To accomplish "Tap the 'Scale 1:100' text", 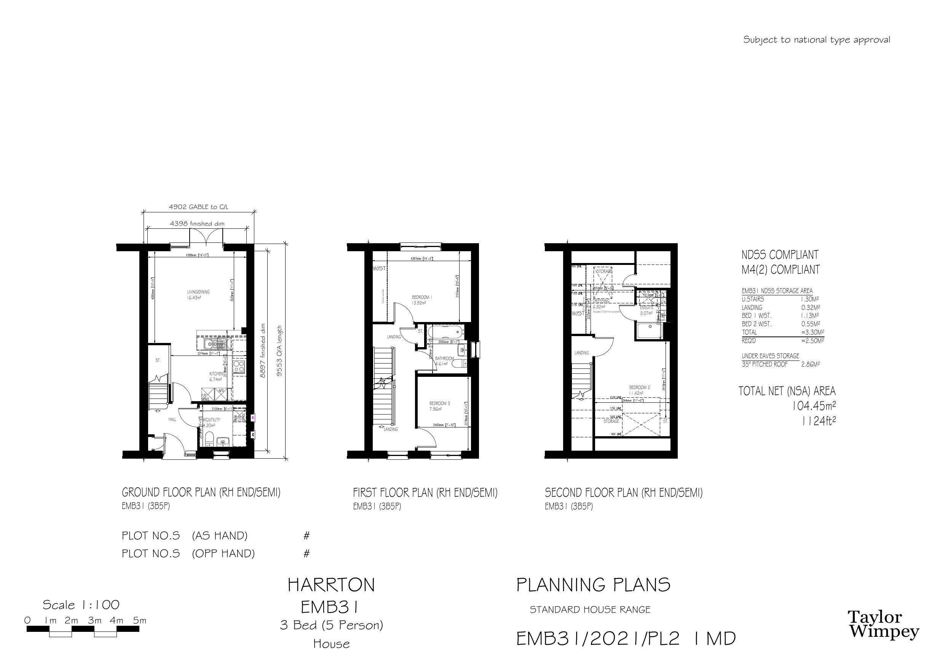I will tap(81, 605).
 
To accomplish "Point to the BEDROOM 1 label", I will tap(422, 297).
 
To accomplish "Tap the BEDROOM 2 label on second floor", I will tap(639, 387).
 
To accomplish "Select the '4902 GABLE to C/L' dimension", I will tap(198, 207).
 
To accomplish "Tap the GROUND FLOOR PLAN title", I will tap(201, 492).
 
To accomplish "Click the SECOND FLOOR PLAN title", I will tap(624, 493).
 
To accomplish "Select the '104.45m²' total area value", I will tap(814, 406).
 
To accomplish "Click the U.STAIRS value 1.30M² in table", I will tap(809, 300).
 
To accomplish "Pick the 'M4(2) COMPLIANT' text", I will tap(781, 269).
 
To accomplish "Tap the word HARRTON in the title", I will tap(331, 585).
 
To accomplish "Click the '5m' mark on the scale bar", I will tap(139, 621).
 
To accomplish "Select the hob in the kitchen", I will tap(239, 366).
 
